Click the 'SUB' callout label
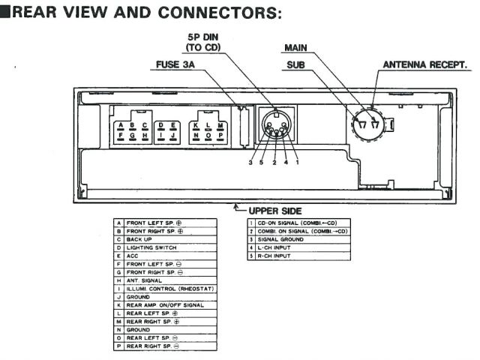pos(295,65)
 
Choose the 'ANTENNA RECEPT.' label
pos(426,65)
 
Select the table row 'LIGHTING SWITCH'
pos(151,247)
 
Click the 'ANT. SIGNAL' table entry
pos(145,280)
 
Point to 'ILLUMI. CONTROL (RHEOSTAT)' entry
pos(169,289)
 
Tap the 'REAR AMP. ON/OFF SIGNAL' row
pos(166,305)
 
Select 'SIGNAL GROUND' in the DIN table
pos(281,239)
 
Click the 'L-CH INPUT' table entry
pos(277,247)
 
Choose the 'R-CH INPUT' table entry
pos(277,256)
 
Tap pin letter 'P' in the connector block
pos(221,136)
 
